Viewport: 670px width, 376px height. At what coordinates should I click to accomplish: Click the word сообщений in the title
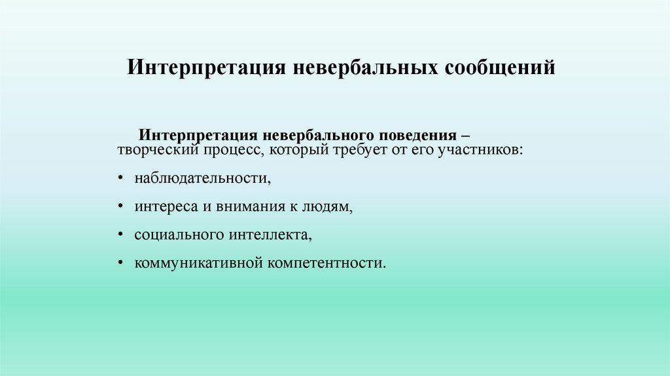[500, 67]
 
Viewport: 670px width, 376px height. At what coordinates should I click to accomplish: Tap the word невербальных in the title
[366, 67]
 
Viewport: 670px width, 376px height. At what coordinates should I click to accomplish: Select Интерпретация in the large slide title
[206, 67]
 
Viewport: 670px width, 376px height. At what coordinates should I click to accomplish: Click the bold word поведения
[418, 136]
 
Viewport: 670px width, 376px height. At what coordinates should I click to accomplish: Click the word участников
[480, 151]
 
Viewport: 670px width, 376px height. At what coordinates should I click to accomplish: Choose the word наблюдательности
[203, 178]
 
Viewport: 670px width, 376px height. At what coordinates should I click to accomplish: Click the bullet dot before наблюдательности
[121, 178]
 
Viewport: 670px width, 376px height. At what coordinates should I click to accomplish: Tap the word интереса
[166, 207]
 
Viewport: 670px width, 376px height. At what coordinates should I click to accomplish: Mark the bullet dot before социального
[121, 235]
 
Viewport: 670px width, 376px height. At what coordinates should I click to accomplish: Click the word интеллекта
[270, 235]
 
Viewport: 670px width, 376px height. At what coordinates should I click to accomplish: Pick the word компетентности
[327, 263]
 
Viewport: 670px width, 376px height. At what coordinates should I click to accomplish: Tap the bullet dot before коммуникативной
[121, 263]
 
